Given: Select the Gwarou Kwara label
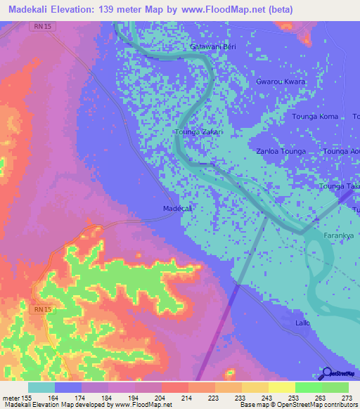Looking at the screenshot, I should (281, 82).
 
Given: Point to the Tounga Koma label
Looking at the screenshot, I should (315, 117).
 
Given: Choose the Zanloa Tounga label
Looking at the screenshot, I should (281, 151).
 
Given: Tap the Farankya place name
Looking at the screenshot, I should (339, 235).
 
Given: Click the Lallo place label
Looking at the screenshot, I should (303, 323).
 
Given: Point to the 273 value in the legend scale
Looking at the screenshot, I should (347, 398).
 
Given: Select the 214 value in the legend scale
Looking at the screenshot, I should (188, 398).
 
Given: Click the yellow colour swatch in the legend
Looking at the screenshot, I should (281, 387).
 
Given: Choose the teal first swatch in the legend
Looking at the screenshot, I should (41, 387).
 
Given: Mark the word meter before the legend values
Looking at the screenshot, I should (11, 398).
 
